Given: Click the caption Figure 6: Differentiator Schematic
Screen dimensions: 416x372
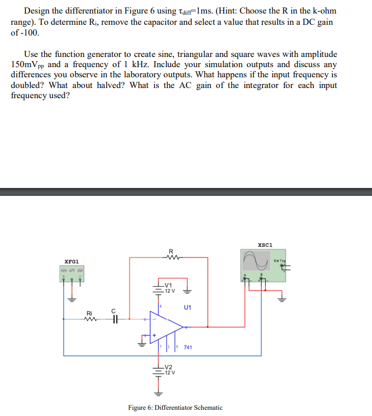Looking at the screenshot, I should (x=175, y=407).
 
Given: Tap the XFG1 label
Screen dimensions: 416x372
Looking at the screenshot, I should (x=72, y=262).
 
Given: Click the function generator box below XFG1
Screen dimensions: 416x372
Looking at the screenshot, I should (x=71, y=273).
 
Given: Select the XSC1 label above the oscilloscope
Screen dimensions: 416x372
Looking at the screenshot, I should (x=265, y=244).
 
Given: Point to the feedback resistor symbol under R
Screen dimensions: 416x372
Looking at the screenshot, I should (x=170, y=259).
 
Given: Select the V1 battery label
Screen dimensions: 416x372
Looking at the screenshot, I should (x=168, y=285).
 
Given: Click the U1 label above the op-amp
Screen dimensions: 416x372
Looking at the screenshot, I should (x=188, y=308).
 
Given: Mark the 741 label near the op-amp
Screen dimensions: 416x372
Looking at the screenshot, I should (x=188, y=347).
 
